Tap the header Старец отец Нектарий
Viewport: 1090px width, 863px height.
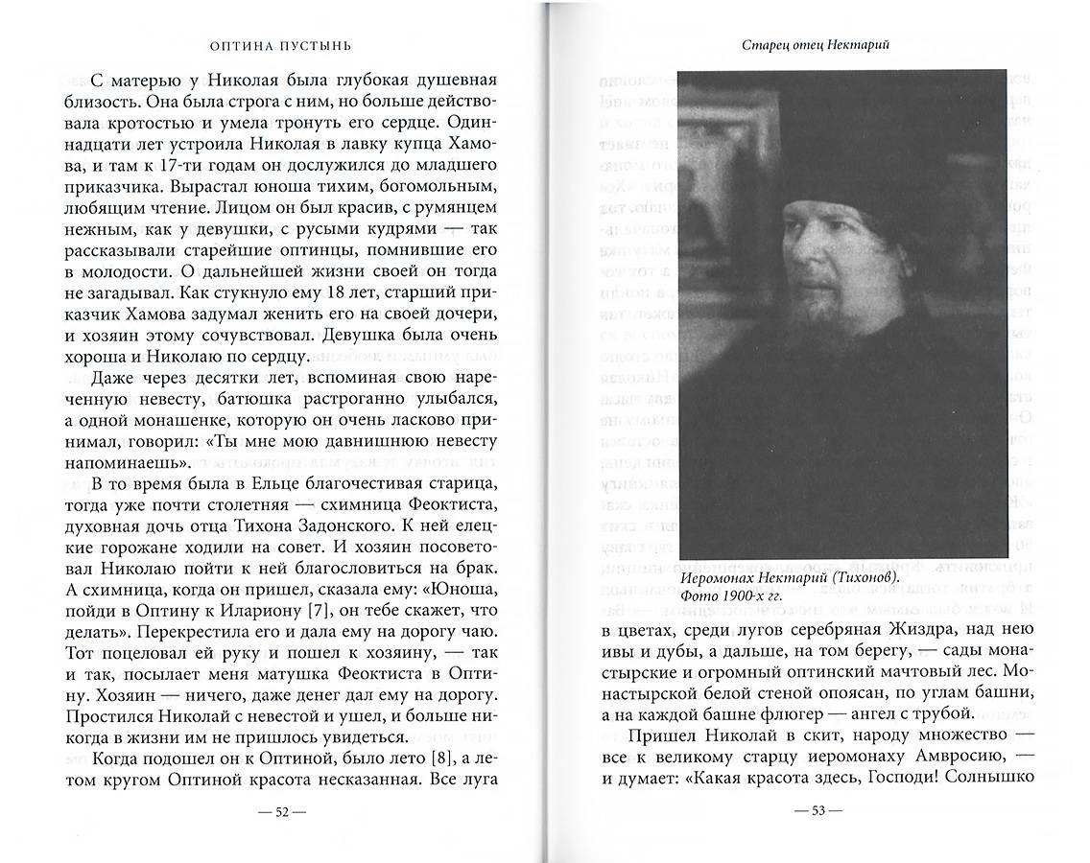coord(814,43)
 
